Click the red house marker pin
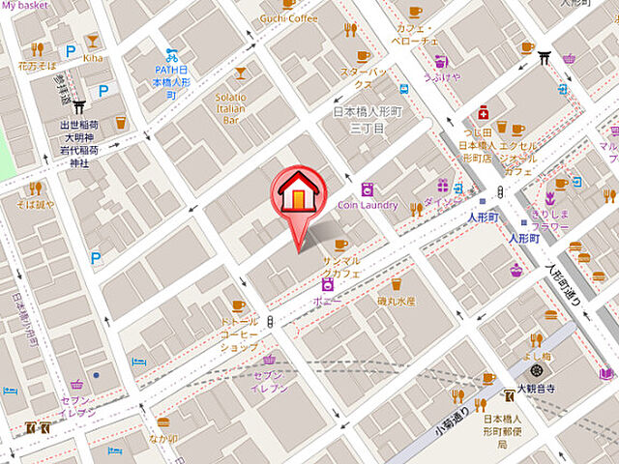click(x=300, y=193)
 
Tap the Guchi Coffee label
click(x=288, y=18)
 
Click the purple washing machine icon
click(x=367, y=188)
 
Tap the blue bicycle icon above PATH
click(x=172, y=55)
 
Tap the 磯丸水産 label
click(x=397, y=302)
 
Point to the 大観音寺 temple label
click(x=535, y=389)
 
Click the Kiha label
click(x=94, y=58)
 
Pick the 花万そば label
click(x=37, y=67)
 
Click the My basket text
click(x=24, y=6)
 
